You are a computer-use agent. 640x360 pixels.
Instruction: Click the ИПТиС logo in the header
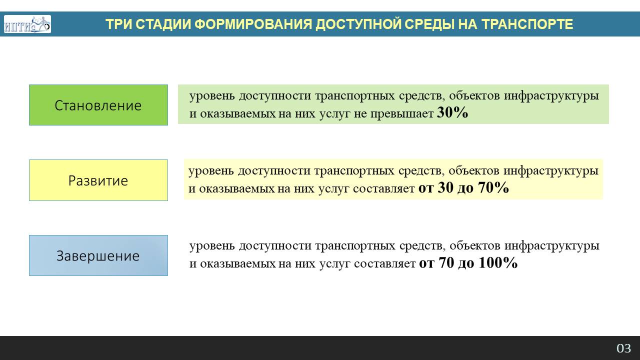point(27,24)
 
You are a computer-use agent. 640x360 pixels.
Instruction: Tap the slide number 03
point(623,348)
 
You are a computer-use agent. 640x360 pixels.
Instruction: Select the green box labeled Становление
point(98,105)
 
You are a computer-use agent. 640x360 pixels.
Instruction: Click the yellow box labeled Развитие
point(98,180)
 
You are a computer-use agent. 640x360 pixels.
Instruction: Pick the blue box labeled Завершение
point(98,255)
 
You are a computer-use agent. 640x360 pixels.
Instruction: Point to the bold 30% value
point(452,112)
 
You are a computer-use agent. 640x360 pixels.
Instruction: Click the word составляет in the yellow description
point(383,188)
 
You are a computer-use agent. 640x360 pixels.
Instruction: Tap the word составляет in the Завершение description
point(384,263)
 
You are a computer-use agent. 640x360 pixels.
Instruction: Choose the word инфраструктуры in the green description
point(551,96)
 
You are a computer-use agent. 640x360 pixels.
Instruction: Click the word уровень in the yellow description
point(211,171)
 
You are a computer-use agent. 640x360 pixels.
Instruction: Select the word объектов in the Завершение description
point(475,245)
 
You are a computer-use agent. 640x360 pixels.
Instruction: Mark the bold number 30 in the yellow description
point(445,187)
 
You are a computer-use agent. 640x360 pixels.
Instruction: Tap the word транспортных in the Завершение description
point(355,246)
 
